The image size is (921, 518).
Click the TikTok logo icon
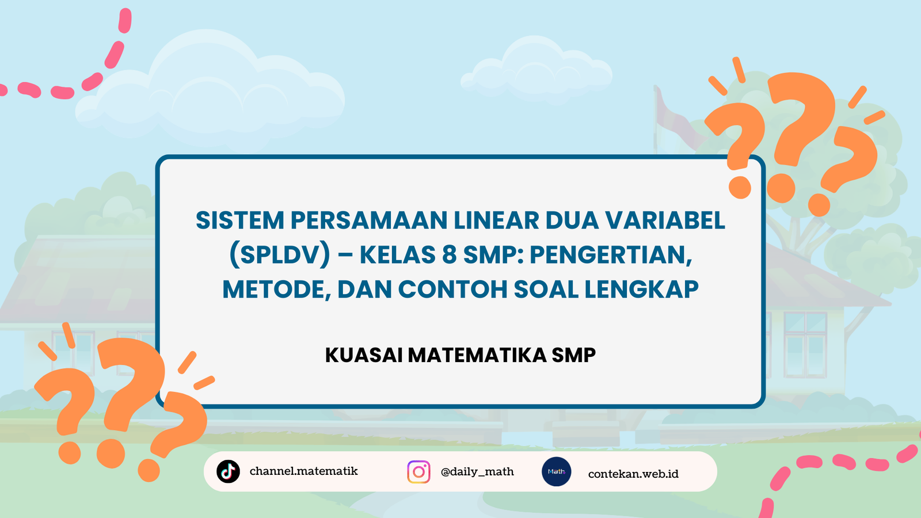[x=228, y=471]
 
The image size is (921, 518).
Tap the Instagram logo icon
[x=418, y=471]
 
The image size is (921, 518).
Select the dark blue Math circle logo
[x=556, y=471]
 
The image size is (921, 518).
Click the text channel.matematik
[x=303, y=471]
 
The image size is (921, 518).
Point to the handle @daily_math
[x=477, y=472]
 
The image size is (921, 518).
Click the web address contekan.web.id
[x=633, y=474]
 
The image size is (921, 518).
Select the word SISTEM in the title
[x=239, y=220]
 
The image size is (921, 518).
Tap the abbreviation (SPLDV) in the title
[x=280, y=254]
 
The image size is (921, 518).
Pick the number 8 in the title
[x=450, y=254]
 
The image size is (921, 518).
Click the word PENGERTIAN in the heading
[x=611, y=256]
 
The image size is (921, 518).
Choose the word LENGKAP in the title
[x=641, y=289]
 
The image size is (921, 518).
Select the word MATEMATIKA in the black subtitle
[x=477, y=355]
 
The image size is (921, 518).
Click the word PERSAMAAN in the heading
[x=369, y=220]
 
